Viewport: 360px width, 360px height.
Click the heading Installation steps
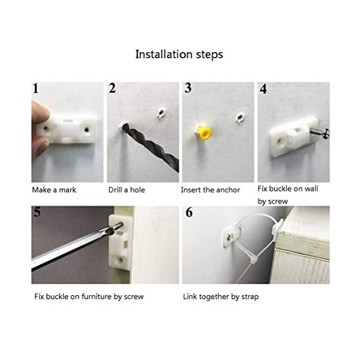point(179,55)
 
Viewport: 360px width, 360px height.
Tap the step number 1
point(35,89)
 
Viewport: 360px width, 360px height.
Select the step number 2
point(112,88)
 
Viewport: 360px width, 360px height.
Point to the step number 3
point(188,88)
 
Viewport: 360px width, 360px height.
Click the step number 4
point(263,89)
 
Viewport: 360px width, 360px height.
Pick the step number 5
point(37,212)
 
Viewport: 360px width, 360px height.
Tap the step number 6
point(189,212)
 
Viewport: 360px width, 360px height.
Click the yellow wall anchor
point(205,134)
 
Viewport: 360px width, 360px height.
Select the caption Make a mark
point(54,190)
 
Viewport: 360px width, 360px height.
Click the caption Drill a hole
point(127,190)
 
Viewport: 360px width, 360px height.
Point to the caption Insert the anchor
point(211,190)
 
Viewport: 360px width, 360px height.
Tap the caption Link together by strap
point(221,296)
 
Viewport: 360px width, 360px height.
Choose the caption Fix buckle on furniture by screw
point(89,296)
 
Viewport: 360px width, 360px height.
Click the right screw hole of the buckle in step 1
point(86,130)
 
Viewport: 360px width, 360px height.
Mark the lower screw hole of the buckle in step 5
point(121,260)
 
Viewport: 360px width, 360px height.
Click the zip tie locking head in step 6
point(253,261)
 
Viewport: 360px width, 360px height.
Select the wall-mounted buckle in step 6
point(232,236)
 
